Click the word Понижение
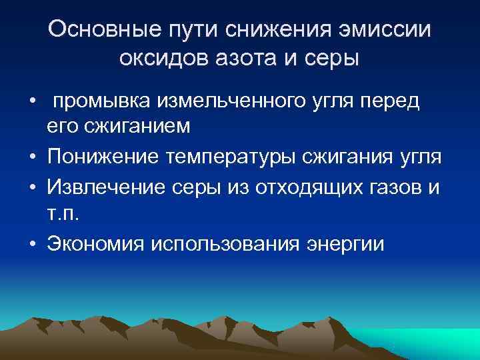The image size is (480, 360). [x=106, y=157]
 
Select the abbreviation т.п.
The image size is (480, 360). [x=62, y=212]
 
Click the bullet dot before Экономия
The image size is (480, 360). [x=33, y=244]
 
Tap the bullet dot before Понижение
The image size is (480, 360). [x=33, y=157]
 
